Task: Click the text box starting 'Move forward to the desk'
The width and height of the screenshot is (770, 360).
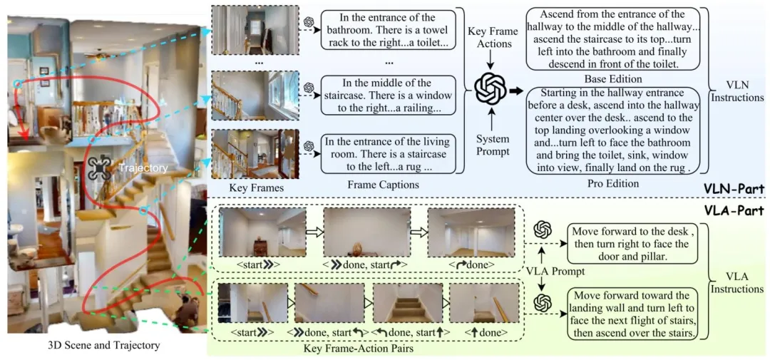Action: (x=629, y=245)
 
